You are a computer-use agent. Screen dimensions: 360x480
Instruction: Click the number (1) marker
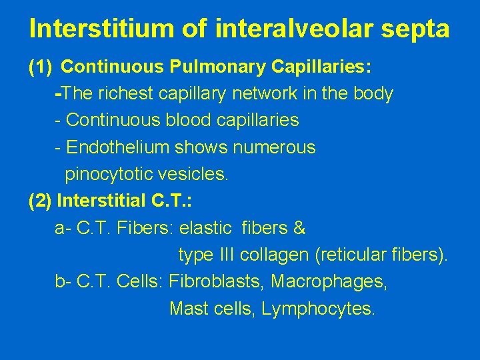pyautogui.click(x=40, y=67)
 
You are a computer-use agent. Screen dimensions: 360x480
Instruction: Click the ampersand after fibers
pyautogui.click(x=299, y=229)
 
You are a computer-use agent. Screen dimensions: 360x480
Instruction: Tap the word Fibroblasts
pyautogui.click(x=217, y=282)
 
